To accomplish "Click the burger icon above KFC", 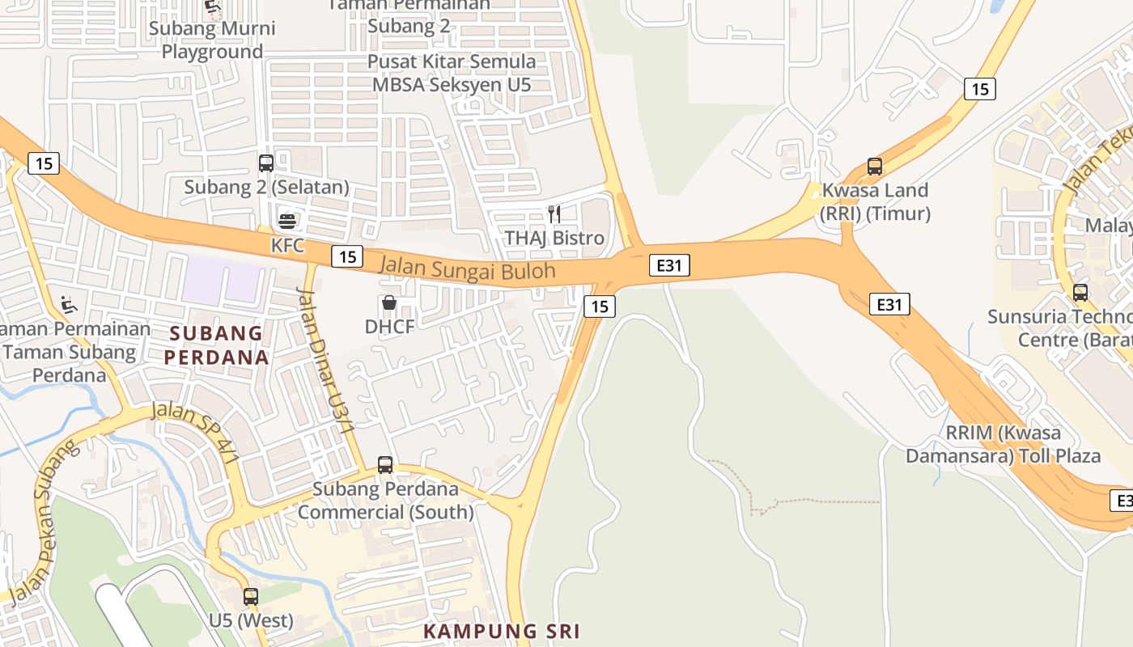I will click(x=287, y=220).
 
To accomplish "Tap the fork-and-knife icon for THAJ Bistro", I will click(x=554, y=214).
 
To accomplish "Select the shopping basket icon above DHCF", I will click(x=388, y=303).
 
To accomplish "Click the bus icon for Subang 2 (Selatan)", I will click(x=266, y=163).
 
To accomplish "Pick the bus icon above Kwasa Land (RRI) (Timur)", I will click(x=875, y=167).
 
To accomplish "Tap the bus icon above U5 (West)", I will click(x=251, y=598).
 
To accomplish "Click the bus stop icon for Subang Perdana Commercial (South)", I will click(x=385, y=465).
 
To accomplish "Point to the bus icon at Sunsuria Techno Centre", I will click(x=1080, y=292).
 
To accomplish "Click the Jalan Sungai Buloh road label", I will click(x=468, y=268).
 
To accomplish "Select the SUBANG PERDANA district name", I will click(x=216, y=345).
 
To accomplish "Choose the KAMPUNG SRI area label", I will click(x=503, y=632).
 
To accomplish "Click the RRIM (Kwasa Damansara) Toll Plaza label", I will click(x=1003, y=444).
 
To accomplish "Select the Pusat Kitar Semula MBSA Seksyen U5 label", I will click(x=452, y=73).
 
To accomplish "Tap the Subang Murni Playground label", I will click(x=213, y=40).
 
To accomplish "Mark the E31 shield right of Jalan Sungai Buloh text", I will click(x=668, y=265).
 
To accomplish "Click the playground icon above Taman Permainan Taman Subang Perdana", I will click(x=69, y=306).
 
